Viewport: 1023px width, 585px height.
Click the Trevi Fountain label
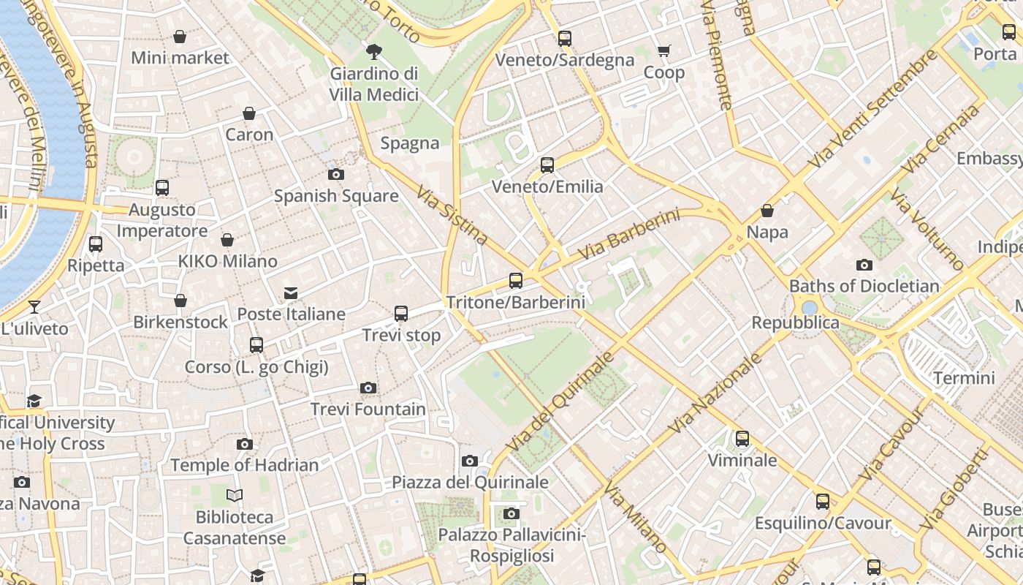tap(368, 409)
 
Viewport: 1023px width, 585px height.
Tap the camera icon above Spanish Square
tap(336, 174)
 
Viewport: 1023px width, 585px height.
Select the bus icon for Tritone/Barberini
tap(516, 280)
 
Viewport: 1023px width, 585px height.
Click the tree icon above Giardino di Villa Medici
tap(374, 51)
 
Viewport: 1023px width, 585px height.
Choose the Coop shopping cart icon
tap(663, 50)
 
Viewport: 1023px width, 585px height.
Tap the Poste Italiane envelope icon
tap(291, 293)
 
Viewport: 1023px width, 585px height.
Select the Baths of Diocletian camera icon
tap(864, 265)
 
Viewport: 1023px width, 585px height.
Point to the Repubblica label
tap(795, 322)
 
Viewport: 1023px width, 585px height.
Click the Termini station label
tap(965, 378)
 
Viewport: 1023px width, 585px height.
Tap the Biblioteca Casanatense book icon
tap(234, 496)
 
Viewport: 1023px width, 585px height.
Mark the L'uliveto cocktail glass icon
tap(34, 306)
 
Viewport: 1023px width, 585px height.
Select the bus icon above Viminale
tap(742, 439)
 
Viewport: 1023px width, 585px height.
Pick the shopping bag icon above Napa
tap(767, 211)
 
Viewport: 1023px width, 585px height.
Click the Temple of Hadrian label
tap(245, 465)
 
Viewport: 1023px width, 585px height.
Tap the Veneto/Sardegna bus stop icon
tap(565, 39)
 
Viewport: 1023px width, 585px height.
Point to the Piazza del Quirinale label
tap(470, 482)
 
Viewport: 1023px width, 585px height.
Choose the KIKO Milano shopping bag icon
tap(227, 240)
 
